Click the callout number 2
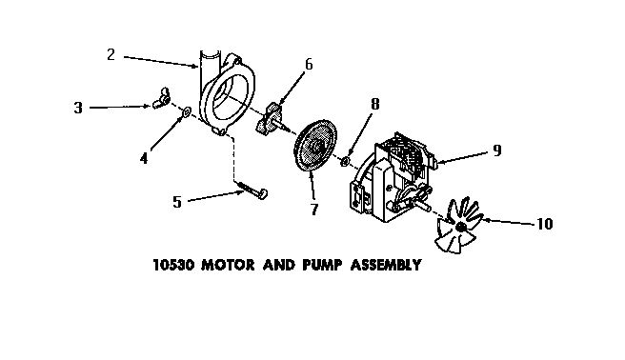(111, 54)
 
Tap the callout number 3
(78, 108)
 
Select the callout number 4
(144, 158)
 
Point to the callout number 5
(176, 201)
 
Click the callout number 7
(314, 209)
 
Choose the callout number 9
(497, 150)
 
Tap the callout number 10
(544, 225)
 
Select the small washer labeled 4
(187, 114)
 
